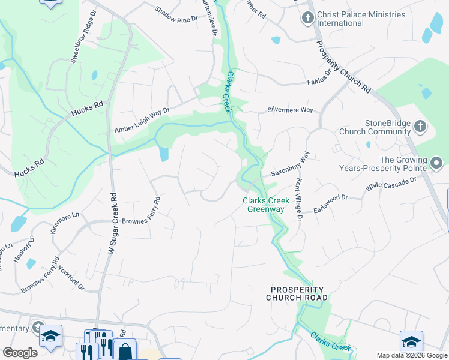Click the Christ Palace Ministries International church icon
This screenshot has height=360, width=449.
308,17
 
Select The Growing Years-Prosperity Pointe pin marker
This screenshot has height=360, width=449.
436,163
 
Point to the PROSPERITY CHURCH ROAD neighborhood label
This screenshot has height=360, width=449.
298,293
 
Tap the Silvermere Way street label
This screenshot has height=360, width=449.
291,110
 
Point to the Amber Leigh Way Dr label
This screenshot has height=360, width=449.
143,120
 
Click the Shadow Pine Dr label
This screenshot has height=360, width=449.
176,15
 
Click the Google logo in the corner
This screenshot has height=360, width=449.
20,353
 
